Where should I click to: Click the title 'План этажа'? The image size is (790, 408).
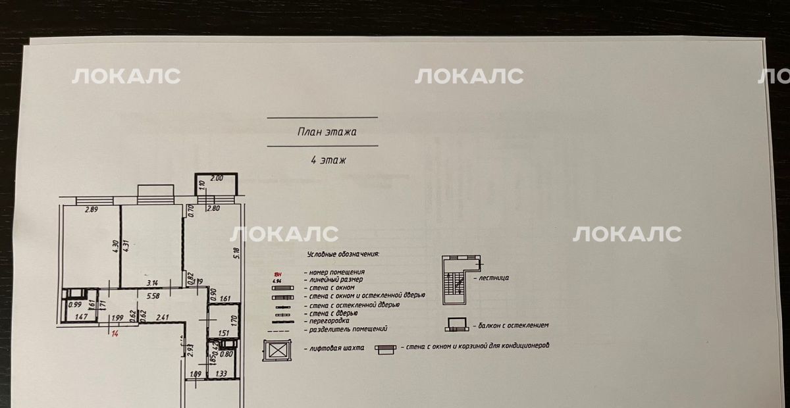click(323, 132)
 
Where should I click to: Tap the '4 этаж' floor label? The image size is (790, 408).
click(323, 160)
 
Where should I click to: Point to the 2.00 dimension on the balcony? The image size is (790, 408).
click(217, 178)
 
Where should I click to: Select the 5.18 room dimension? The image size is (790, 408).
click(236, 250)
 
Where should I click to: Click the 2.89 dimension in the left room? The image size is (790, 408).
click(91, 210)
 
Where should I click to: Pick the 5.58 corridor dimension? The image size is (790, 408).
click(153, 296)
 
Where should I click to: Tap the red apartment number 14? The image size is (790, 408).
click(115, 334)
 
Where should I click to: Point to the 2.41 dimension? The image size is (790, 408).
click(162, 318)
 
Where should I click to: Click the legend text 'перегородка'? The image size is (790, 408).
click(327, 320)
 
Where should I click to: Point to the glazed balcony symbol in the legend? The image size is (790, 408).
click(458, 324)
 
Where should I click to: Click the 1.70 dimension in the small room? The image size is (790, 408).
click(233, 321)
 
